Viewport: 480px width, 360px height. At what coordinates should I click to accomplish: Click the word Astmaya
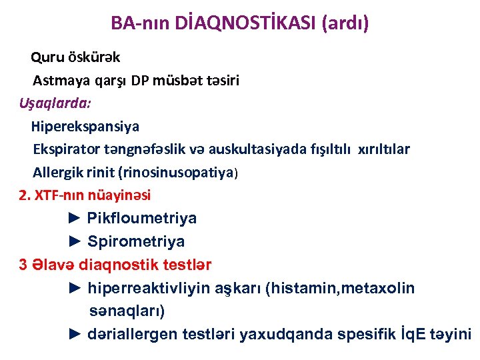click(x=57, y=81)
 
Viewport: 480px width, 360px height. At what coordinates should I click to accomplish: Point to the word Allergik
click(x=59, y=172)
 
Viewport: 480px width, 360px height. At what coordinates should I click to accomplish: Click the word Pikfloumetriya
click(x=142, y=219)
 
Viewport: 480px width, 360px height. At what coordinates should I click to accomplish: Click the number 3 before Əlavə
click(x=23, y=265)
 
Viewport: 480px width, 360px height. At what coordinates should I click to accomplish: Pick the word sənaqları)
click(x=127, y=311)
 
